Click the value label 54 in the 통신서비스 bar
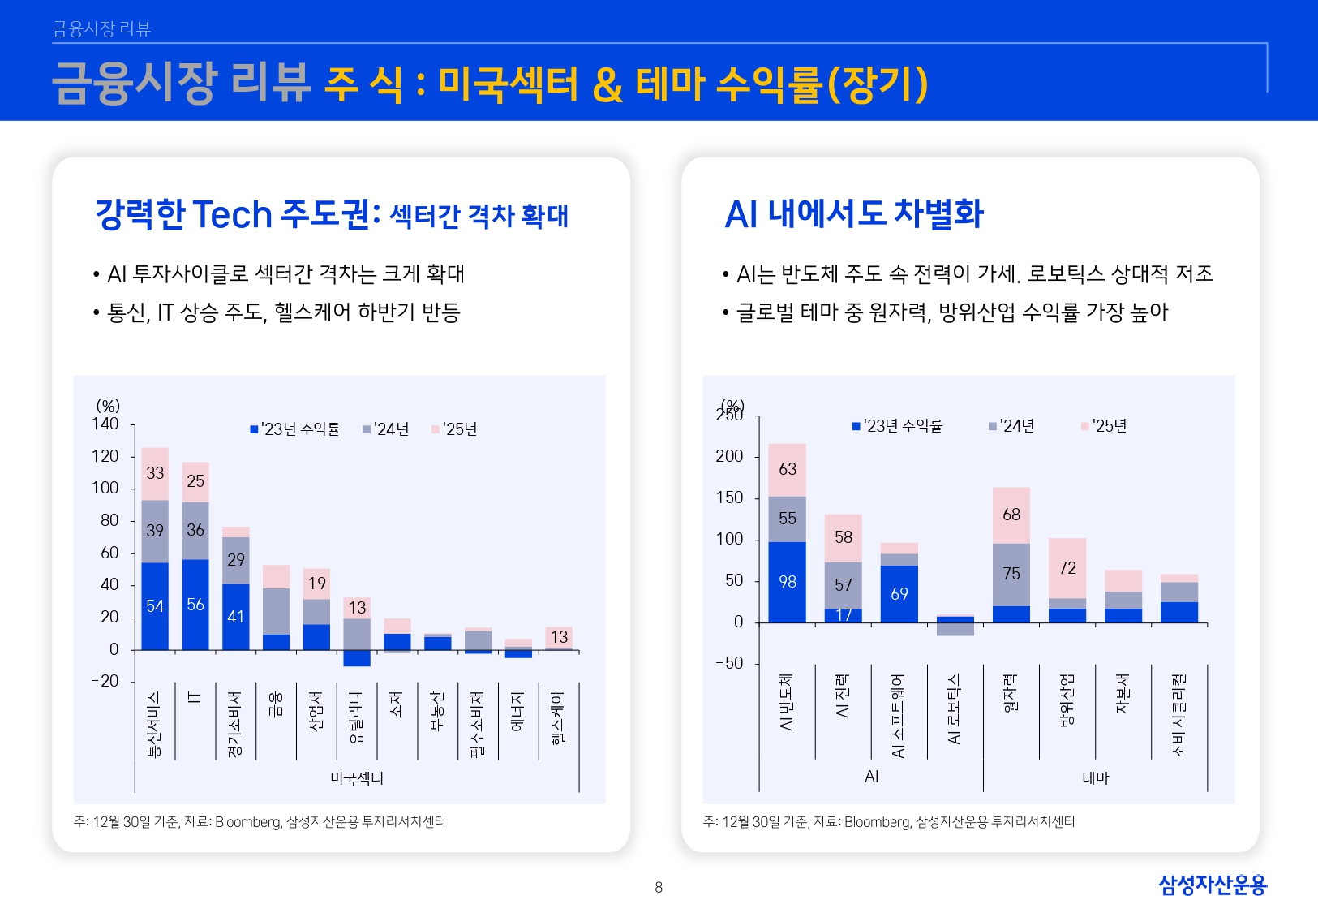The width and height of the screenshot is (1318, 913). [155, 606]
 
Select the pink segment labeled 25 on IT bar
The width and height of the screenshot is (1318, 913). [195, 481]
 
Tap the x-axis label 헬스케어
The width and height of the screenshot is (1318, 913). [558, 718]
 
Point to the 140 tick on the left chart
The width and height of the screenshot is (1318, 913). [105, 424]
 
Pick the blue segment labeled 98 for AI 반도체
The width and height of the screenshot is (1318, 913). [787, 582]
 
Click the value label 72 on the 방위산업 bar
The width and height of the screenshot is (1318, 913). [1067, 568]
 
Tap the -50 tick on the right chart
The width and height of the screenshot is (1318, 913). [729, 663]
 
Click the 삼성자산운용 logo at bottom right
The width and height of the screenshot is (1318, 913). [1212, 885]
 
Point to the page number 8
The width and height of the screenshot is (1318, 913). [659, 888]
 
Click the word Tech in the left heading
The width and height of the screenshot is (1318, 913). [232, 215]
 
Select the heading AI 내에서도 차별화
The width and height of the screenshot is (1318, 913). [853, 214]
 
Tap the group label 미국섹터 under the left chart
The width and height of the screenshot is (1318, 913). [357, 778]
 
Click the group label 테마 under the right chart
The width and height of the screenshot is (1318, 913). [1095, 777]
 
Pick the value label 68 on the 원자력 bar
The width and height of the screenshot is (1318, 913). [1011, 515]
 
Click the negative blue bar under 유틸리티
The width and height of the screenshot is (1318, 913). [357, 658]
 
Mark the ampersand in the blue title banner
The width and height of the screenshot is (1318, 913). [607, 84]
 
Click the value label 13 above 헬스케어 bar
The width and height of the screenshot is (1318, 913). [559, 637]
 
